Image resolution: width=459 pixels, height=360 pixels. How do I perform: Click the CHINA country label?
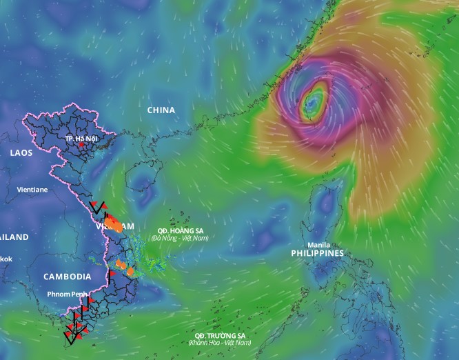point(161,110)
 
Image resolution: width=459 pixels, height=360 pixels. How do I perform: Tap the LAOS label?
point(21,153)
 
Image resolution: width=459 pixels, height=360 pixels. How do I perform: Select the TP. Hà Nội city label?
point(81,139)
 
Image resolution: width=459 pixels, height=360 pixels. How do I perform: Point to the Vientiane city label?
point(32,188)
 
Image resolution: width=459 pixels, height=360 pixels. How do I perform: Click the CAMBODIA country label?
point(67,277)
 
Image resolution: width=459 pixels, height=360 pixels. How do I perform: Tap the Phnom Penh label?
point(67,294)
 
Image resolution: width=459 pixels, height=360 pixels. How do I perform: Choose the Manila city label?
point(318,245)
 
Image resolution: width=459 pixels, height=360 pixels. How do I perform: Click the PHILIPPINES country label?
point(317,254)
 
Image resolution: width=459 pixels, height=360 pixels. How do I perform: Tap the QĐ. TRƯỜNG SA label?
point(220,335)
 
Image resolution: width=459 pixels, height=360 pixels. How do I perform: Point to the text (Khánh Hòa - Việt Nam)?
point(220,343)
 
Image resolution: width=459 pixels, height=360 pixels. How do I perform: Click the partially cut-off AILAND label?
point(14,237)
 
